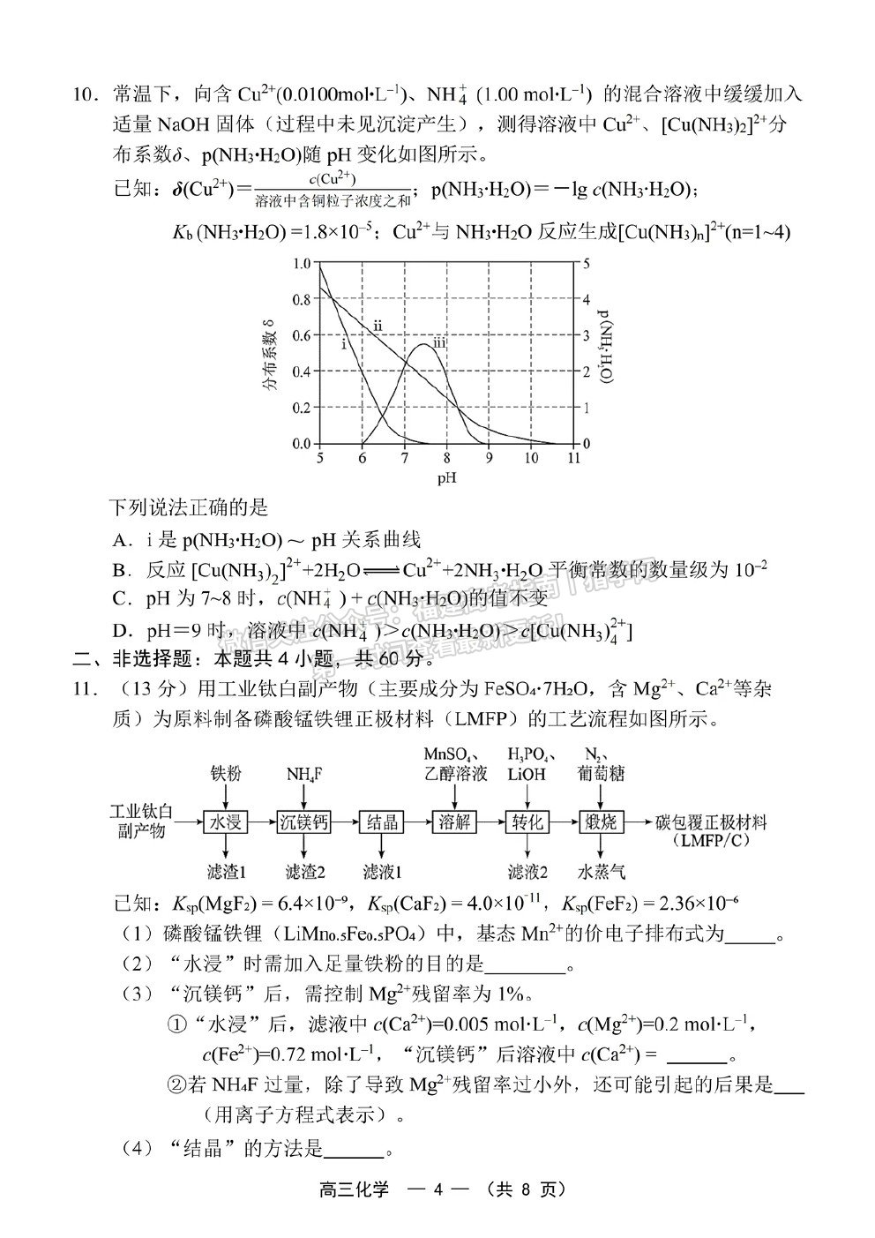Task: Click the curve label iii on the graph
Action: (x=438, y=342)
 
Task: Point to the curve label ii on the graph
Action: (x=377, y=326)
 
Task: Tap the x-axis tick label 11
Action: (x=574, y=459)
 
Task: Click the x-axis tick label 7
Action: (x=404, y=459)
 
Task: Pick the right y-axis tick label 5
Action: (x=587, y=263)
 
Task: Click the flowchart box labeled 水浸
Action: (x=223, y=822)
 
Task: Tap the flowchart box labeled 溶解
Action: (x=456, y=822)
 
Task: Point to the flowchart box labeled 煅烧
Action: (x=602, y=822)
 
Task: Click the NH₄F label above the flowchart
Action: (x=303, y=774)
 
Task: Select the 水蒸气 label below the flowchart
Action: (x=602, y=872)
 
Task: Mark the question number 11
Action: (x=84, y=689)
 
